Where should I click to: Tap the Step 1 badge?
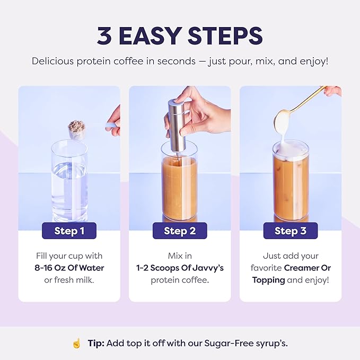click(x=69, y=231)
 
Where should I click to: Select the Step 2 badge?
click(x=180, y=231)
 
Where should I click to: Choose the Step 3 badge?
click(x=290, y=231)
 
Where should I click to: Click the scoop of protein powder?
click(x=77, y=129)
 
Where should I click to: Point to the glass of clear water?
click(x=69, y=180)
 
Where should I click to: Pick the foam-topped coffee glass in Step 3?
click(x=290, y=183)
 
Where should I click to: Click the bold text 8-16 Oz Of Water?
click(x=69, y=268)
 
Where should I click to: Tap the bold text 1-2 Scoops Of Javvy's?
click(x=180, y=268)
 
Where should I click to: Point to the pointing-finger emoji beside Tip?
click(x=77, y=343)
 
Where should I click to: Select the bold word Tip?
click(x=95, y=343)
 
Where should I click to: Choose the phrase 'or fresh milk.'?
click(x=69, y=280)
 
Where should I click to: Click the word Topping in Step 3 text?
click(x=268, y=280)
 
